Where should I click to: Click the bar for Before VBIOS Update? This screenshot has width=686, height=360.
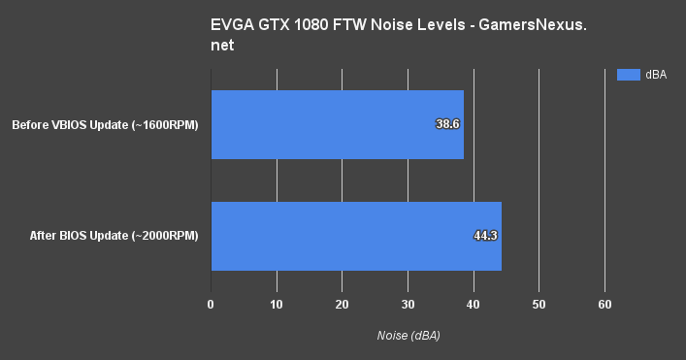point(337,124)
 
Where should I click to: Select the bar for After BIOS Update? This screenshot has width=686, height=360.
point(356,236)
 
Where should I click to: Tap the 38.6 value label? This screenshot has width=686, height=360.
point(446,124)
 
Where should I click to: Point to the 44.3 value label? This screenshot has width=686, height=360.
point(484,236)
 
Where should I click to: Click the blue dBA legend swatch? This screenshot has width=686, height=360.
point(628,75)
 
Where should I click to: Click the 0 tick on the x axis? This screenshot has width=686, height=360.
point(211,305)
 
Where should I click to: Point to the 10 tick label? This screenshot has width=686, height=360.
point(277,305)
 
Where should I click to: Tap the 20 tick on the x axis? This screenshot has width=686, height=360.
point(342,305)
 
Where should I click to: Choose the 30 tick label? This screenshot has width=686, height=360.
point(408,305)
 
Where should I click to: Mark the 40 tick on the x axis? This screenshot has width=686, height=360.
point(473,305)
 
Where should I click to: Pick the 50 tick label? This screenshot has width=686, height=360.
point(539,305)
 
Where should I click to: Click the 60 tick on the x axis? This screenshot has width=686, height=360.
point(604,305)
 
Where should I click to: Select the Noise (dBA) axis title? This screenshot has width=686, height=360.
point(408,335)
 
